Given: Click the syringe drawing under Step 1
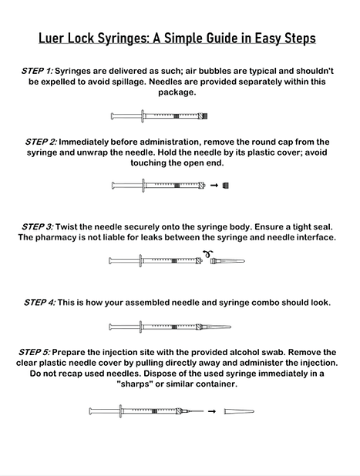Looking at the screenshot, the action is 160,116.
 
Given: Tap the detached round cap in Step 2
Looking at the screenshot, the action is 225,186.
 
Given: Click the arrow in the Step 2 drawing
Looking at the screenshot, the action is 214,186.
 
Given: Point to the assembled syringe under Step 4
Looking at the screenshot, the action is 180,327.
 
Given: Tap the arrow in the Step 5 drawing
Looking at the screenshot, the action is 210,411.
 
